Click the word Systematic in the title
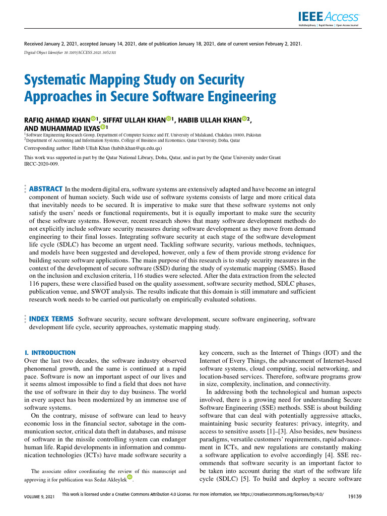62,81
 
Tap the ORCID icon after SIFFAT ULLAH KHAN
169,119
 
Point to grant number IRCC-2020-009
41,164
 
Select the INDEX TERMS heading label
51,319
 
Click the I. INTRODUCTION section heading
50,353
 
